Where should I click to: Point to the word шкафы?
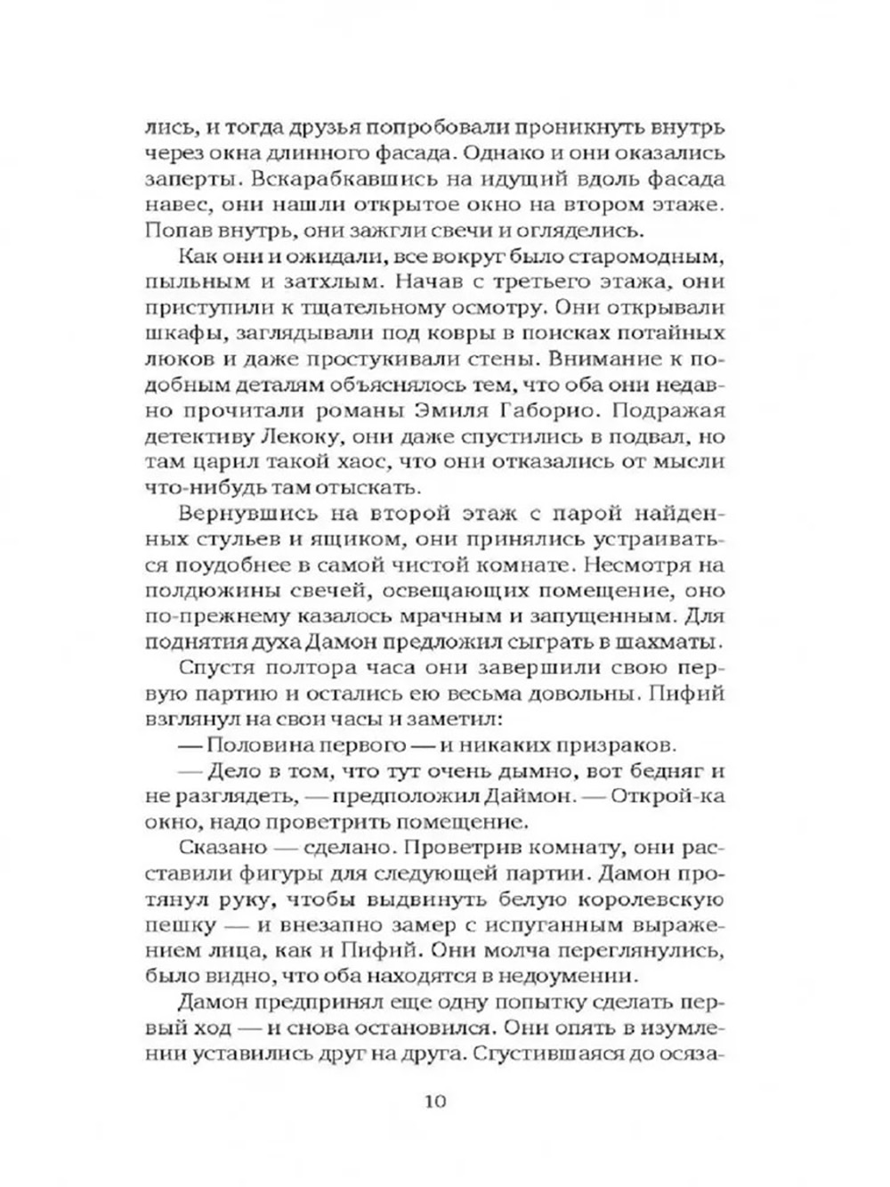[x=174, y=333]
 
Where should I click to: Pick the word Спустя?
[x=211, y=668]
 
